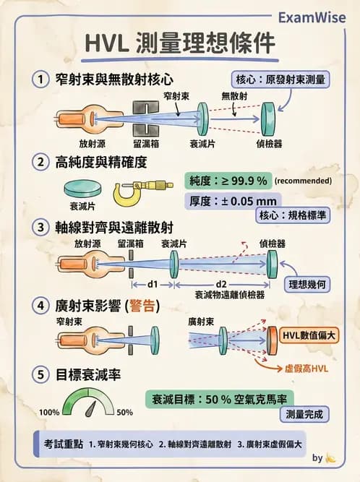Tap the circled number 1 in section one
(41, 78)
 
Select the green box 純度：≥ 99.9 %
(226, 180)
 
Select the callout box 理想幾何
(309, 284)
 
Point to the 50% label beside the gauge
(124, 412)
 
